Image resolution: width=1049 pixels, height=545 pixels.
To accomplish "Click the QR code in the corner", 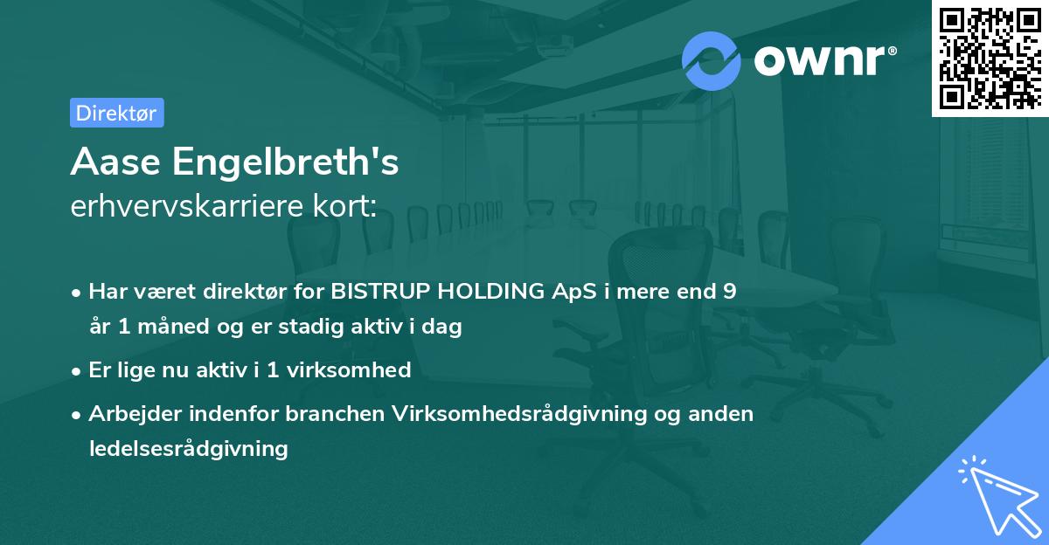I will [990, 58].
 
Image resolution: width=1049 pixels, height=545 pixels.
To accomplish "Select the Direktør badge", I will [116, 113].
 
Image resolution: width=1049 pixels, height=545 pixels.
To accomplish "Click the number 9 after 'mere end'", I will [729, 292].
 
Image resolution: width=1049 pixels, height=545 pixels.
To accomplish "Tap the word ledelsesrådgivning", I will [188, 449].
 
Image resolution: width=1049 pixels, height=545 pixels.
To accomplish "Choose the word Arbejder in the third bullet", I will [127, 413].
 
